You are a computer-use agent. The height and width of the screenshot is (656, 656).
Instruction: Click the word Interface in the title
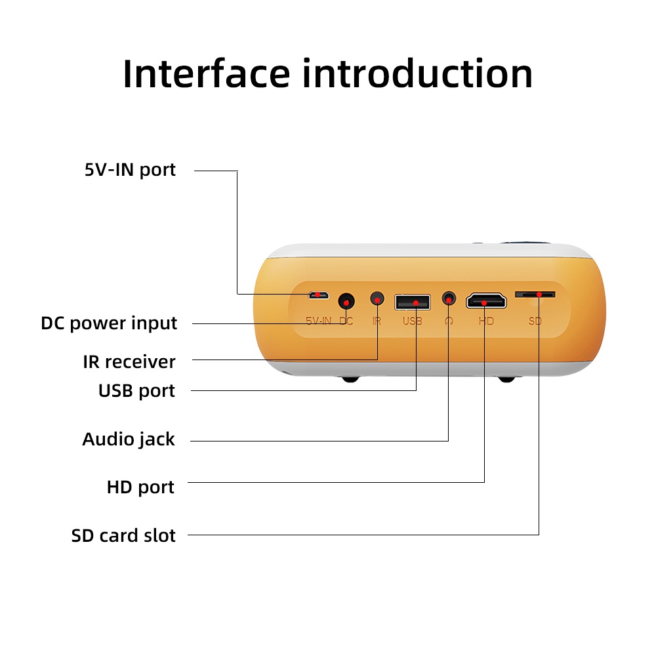(x=206, y=73)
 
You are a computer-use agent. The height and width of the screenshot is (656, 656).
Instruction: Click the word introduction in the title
(x=417, y=73)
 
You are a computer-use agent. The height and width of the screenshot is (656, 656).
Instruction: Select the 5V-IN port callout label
(x=131, y=170)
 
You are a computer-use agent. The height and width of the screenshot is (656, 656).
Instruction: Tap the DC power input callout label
(x=109, y=323)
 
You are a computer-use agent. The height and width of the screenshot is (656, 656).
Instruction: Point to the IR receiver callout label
(x=129, y=361)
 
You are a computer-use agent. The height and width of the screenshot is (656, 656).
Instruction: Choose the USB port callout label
(x=136, y=391)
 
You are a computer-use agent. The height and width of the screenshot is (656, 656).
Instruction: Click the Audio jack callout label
(x=129, y=439)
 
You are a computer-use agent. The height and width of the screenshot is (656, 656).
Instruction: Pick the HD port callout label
(x=140, y=487)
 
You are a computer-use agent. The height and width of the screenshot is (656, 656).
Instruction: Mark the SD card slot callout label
(x=123, y=536)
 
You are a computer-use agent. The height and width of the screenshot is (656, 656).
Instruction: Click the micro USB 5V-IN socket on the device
(x=318, y=295)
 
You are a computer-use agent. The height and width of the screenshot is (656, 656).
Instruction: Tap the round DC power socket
(x=346, y=302)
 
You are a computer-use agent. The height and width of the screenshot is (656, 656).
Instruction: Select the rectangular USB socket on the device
(x=413, y=302)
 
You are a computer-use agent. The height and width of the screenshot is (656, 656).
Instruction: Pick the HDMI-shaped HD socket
(x=485, y=302)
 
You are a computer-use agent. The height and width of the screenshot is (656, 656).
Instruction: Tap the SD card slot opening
(x=535, y=295)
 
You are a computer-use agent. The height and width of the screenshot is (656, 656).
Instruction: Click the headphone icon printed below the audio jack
(x=449, y=321)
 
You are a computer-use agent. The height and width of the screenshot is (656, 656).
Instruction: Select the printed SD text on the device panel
(x=535, y=321)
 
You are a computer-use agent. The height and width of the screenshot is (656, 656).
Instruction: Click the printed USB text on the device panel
(x=413, y=321)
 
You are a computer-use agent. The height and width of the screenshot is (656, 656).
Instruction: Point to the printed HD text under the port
(x=485, y=321)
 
